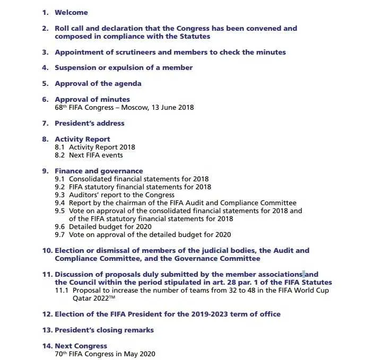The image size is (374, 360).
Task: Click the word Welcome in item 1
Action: pyautogui.click(x=71, y=12)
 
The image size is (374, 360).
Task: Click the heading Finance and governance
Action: pyautogui.click(x=99, y=171)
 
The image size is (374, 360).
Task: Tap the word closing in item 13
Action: pyautogui.click(x=109, y=330)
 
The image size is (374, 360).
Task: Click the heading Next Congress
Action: pyautogui.click(x=81, y=346)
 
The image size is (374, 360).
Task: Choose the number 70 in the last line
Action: pyautogui.click(x=59, y=354)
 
